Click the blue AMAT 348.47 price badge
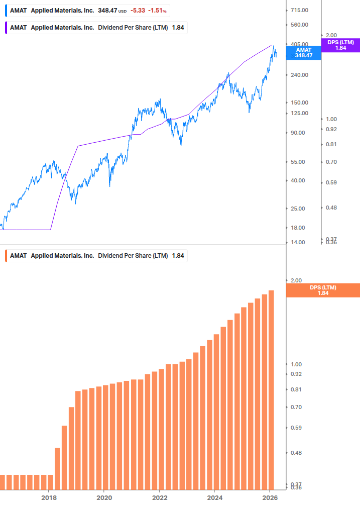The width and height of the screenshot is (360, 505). pyautogui.click(x=303, y=52)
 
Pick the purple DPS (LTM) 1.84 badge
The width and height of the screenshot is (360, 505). pyautogui.click(x=340, y=45)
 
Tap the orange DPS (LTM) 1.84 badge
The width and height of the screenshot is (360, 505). pyautogui.click(x=322, y=290)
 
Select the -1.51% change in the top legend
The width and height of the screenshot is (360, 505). pyautogui.click(x=157, y=10)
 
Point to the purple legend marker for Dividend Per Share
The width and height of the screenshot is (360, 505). pyautogui.click(x=6, y=28)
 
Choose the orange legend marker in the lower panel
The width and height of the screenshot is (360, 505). pyautogui.click(x=6, y=256)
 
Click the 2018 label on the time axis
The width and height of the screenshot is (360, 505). pyautogui.click(x=49, y=497)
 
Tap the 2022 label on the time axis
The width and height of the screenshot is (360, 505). pyautogui.click(x=159, y=497)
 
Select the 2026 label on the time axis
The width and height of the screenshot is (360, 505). pyautogui.click(x=270, y=497)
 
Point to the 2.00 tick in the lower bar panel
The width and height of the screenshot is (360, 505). pyautogui.click(x=296, y=280)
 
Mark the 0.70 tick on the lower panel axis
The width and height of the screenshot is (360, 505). pyautogui.click(x=296, y=407)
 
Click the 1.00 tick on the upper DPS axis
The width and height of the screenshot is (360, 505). pyautogui.click(x=331, y=119)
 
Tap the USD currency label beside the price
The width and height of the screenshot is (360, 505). pyautogui.click(x=123, y=11)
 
